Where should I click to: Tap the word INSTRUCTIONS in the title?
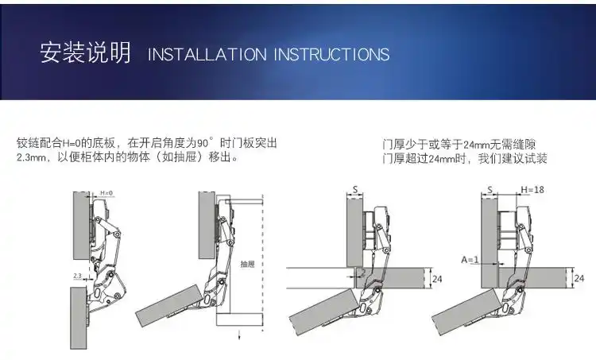331,55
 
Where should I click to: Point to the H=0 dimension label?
106,193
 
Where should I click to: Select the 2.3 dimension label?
78,276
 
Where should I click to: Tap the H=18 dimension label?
532,189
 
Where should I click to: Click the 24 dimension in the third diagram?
437,278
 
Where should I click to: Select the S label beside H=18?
490,189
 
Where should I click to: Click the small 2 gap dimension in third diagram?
362,272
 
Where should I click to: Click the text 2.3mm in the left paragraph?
33,157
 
